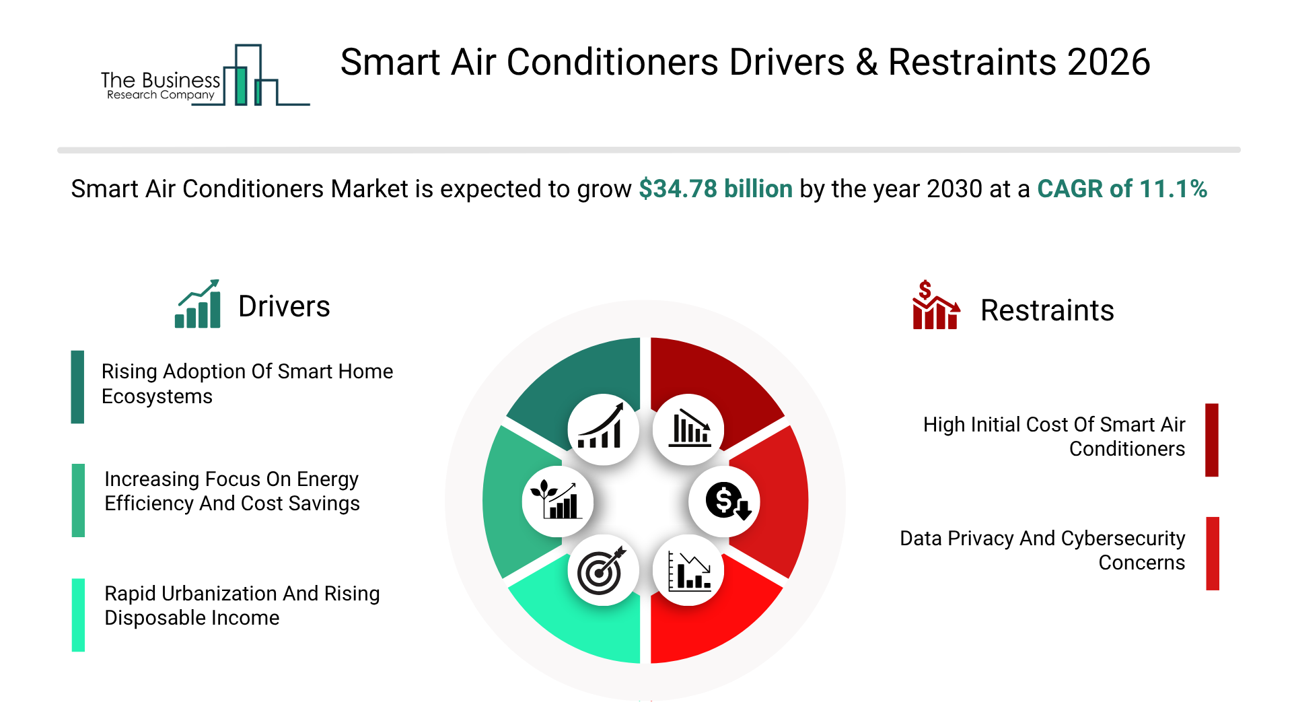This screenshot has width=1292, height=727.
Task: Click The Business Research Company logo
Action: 205,75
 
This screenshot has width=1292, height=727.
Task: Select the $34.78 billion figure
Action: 715,189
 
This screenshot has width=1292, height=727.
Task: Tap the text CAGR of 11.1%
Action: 1122,189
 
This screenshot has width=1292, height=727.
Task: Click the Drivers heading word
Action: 284,307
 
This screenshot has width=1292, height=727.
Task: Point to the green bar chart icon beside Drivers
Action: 198,304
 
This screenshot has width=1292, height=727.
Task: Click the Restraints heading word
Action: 1047,311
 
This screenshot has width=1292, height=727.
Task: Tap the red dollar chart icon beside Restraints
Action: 936,305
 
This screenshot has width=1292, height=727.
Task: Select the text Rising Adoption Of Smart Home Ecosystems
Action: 247,384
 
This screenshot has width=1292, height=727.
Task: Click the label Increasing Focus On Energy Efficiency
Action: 232,491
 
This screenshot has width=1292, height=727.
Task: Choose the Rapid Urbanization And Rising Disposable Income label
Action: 242,606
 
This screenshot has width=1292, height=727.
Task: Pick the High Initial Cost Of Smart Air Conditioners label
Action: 1054,437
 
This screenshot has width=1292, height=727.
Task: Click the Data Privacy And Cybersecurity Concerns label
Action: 1042,551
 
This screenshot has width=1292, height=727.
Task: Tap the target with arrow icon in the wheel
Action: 603,571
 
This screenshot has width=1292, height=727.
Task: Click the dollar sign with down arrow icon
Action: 725,501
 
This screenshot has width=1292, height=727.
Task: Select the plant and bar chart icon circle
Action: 557,501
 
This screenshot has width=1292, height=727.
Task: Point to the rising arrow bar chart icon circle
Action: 603,429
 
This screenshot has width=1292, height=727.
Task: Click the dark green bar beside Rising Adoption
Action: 77,387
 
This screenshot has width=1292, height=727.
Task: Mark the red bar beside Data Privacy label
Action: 1213,553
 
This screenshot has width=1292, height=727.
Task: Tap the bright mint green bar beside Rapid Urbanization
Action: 78,615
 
